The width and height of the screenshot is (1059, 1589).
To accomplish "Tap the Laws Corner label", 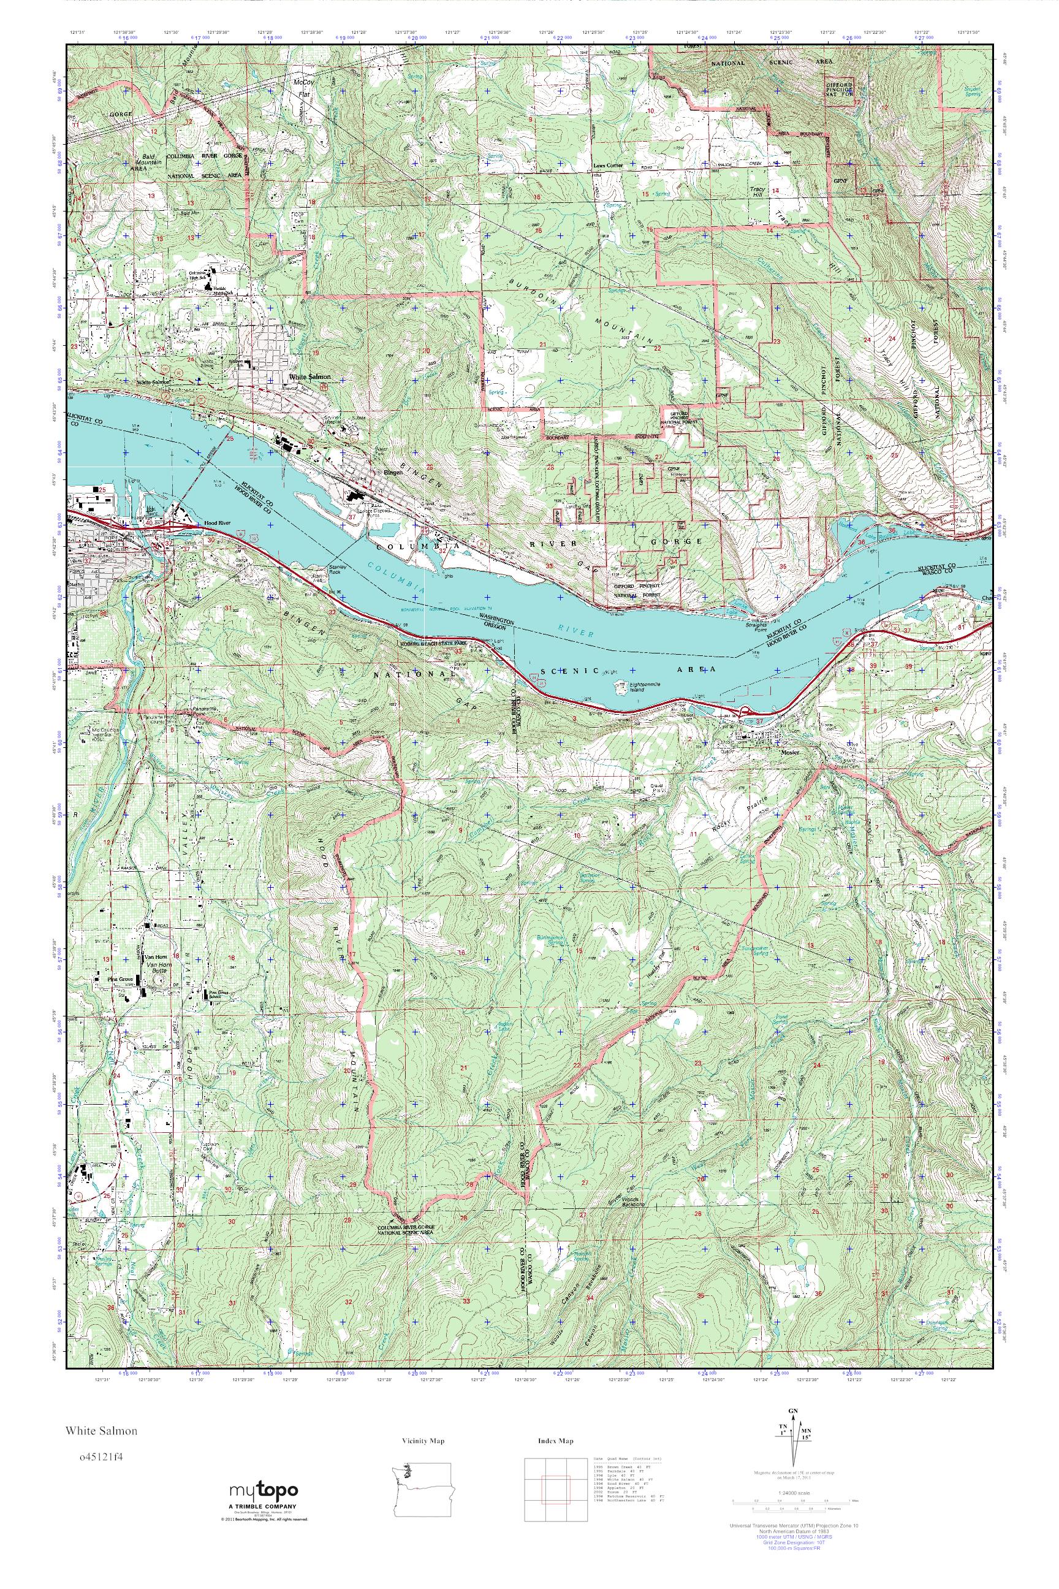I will click(608, 164).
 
